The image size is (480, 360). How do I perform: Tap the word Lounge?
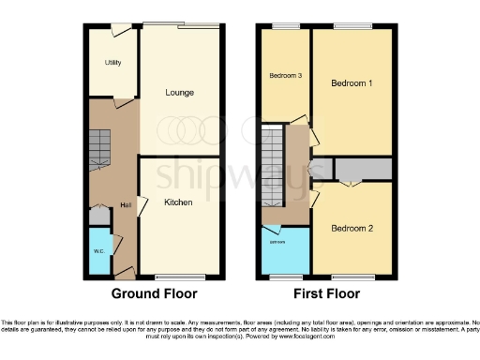point(179,93)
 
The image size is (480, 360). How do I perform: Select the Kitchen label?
point(178,202)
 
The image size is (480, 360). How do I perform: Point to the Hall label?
point(125,205)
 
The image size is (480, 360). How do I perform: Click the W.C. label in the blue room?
point(98,252)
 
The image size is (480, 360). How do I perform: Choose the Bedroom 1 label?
point(352,83)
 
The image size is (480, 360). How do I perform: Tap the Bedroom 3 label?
point(285,76)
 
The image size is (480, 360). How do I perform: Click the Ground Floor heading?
point(154,293)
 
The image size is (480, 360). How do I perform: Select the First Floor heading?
point(325,293)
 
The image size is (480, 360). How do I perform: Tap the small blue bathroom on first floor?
point(285,249)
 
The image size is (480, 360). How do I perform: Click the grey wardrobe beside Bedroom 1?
point(364,169)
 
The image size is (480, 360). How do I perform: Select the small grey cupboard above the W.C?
point(98,215)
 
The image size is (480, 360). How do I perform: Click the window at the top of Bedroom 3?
point(285,25)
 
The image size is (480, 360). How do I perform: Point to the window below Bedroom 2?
point(352,277)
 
